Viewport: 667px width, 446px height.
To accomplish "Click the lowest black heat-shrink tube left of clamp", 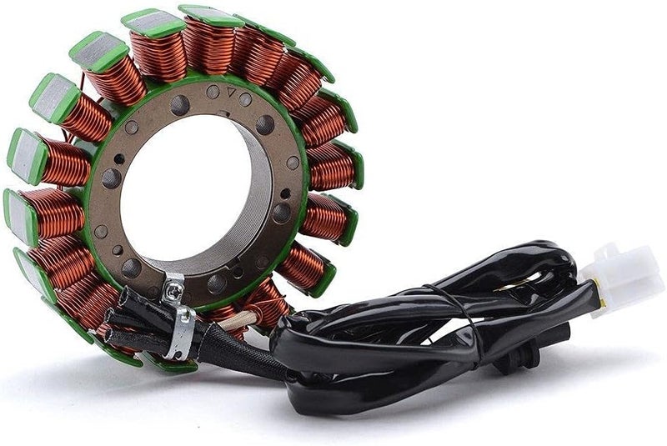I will coord(125,341).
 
